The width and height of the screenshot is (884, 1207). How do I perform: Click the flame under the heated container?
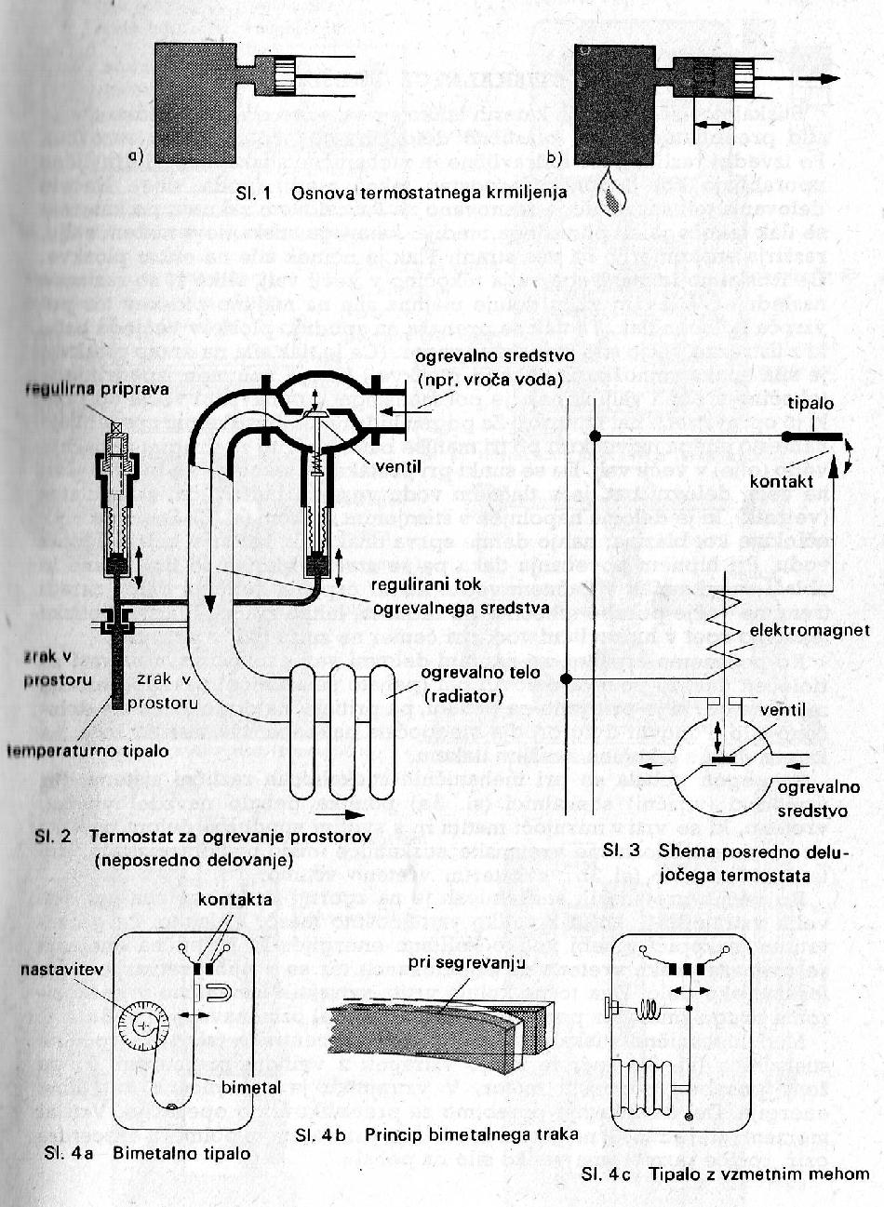click(609, 194)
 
